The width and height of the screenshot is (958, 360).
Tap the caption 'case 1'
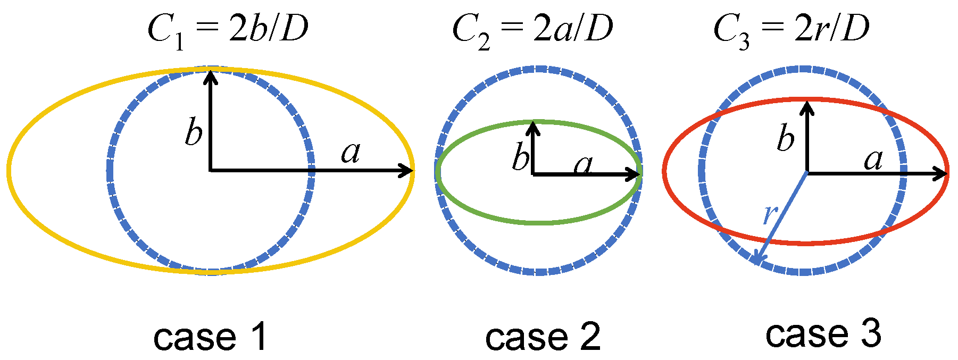(x=210, y=337)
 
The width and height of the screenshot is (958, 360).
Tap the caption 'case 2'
(x=543, y=337)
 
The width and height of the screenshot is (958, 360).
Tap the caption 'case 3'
(x=823, y=333)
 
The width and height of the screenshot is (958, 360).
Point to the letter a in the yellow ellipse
(x=351, y=153)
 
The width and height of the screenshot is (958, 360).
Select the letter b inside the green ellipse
(x=521, y=157)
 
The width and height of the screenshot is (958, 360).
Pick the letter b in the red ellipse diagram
(x=786, y=139)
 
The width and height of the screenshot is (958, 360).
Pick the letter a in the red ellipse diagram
(x=873, y=159)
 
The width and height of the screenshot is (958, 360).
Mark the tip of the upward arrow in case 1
(x=211, y=72)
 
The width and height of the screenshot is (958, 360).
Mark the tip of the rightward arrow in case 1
(x=412, y=171)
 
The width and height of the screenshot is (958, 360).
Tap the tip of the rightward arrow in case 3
(x=947, y=173)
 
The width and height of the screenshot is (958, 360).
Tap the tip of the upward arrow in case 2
(x=533, y=123)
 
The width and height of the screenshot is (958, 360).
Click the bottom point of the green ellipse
(x=538, y=222)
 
